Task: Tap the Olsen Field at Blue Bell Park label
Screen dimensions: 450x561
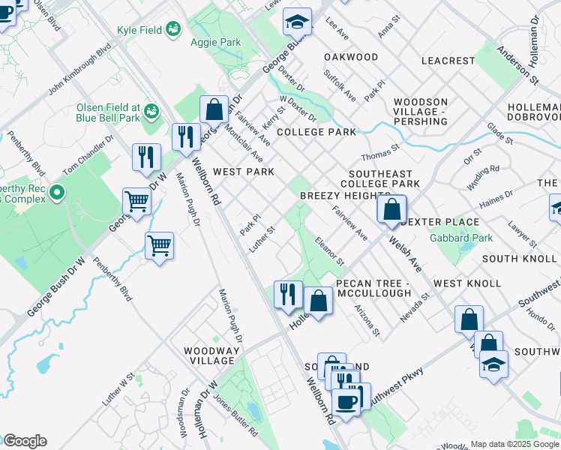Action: click(108, 112)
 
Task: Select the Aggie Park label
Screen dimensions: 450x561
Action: click(216, 42)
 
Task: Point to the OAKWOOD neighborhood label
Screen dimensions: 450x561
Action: click(351, 57)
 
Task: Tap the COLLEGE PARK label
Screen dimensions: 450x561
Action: click(316, 132)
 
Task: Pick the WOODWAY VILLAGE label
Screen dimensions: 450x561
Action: click(213, 355)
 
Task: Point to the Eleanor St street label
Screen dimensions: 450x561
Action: click(329, 253)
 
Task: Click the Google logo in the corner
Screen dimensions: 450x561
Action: click(24, 441)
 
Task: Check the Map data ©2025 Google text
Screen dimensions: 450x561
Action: click(514, 444)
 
